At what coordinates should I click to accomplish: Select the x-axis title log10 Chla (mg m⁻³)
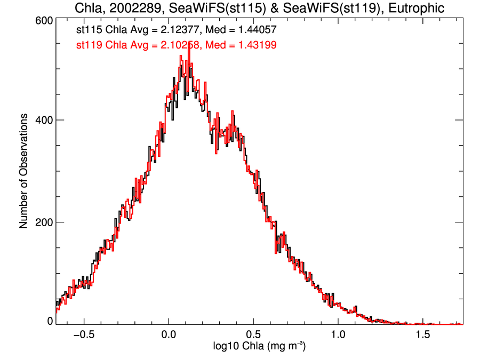pos(259,346)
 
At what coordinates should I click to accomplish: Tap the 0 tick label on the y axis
pos(50,321)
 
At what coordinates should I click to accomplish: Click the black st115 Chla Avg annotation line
pos(176,30)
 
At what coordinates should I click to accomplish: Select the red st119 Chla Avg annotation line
pos(176,45)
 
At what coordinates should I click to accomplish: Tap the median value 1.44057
pos(256,30)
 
